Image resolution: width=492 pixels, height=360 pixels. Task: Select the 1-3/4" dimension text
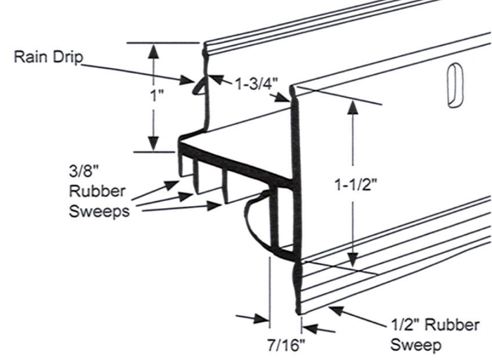tap(255, 83)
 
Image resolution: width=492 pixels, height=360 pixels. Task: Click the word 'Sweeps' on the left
tap(99, 210)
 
